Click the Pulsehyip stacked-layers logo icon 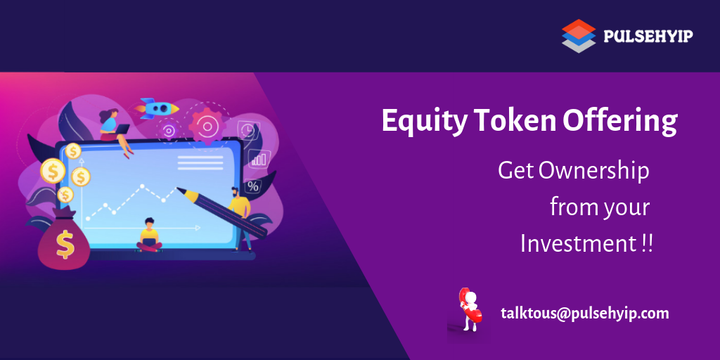pyautogui.click(x=579, y=36)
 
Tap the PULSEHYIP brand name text pyautogui.click(x=648, y=36)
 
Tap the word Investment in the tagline pyautogui.click(x=578, y=243)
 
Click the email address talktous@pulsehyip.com pyautogui.click(x=585, y=314)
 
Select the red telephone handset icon pyautogui.click(x=468, y=305)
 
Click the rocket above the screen pyautogui.click(x=157, y=108)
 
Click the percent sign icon pyautogui.click(x=253, y=186)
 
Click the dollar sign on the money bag pyautogui.click(x=65, y=245)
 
